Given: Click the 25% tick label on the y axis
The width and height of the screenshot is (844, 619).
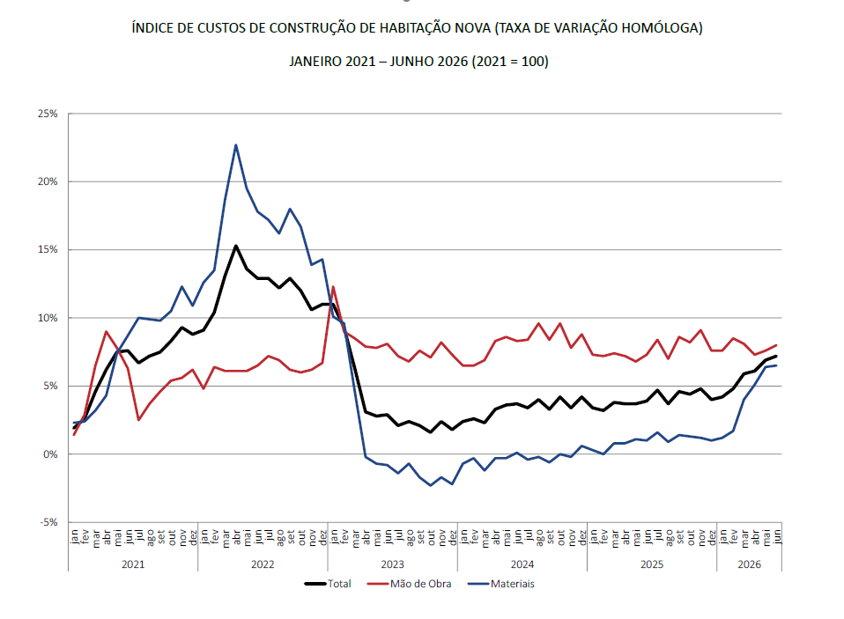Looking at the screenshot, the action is coord(48,114).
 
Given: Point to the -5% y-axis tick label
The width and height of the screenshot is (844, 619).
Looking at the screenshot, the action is coord(48,522).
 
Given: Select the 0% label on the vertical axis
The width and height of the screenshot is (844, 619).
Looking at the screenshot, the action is coord(50,454).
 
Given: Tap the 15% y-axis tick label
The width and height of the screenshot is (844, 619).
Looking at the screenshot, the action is coord(48,249).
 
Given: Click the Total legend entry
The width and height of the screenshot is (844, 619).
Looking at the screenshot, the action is coord(328,584).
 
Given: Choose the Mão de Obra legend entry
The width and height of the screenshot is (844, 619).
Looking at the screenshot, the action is coord(409,584).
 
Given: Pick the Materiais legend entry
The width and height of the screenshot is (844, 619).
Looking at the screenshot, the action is coord(501,584).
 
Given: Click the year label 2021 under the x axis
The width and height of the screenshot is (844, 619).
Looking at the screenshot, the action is coord(133,564).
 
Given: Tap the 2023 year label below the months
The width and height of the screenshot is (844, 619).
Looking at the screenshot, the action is coord(392,564).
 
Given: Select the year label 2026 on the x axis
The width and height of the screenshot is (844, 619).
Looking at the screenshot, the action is coord(749,564).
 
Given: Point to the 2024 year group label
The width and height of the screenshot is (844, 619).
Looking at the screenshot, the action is coord(522,564).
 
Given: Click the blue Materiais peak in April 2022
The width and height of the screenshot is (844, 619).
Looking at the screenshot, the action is coord(236,144).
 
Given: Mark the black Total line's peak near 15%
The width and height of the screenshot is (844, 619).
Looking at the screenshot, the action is coord(236,246).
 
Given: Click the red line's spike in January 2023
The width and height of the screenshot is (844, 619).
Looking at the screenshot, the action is coord(333,287).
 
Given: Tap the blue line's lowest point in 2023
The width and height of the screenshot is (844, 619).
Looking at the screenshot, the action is coord(431,486).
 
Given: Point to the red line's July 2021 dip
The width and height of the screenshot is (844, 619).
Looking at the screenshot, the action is coord(138,420).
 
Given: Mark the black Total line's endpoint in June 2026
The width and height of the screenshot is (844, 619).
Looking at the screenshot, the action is coord(776,356).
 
